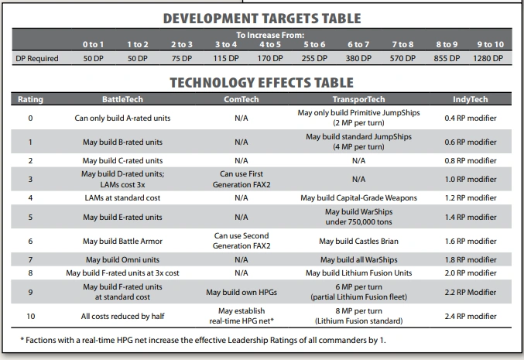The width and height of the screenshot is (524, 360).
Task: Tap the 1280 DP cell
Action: point(489,58)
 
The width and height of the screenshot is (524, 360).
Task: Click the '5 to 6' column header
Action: point(313,45)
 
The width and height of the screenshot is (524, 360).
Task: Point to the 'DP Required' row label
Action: point(37,58)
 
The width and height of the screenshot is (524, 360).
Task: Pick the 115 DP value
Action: point(225,58)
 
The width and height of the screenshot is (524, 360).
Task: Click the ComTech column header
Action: point(240,100)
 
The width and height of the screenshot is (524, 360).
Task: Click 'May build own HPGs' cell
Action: point(241,292)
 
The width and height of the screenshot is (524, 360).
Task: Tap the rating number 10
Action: point(29,316)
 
